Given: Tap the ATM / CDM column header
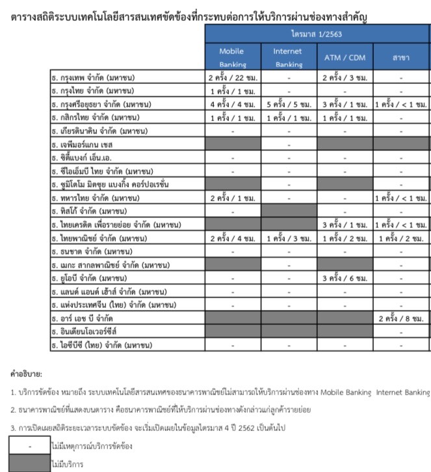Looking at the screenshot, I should (345, 57).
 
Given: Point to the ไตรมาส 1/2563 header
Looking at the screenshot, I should (317, 33).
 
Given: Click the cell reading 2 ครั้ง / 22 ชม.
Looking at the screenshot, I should (232, 78).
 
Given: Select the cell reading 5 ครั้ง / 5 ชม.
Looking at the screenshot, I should (289, 104).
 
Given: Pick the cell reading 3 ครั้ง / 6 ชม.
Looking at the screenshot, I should (345, 278).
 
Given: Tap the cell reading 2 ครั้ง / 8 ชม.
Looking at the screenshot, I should (402, 318).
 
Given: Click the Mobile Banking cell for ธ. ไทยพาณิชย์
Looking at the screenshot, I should (232, 238).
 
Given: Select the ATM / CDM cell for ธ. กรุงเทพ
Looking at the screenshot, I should (345, 78).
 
